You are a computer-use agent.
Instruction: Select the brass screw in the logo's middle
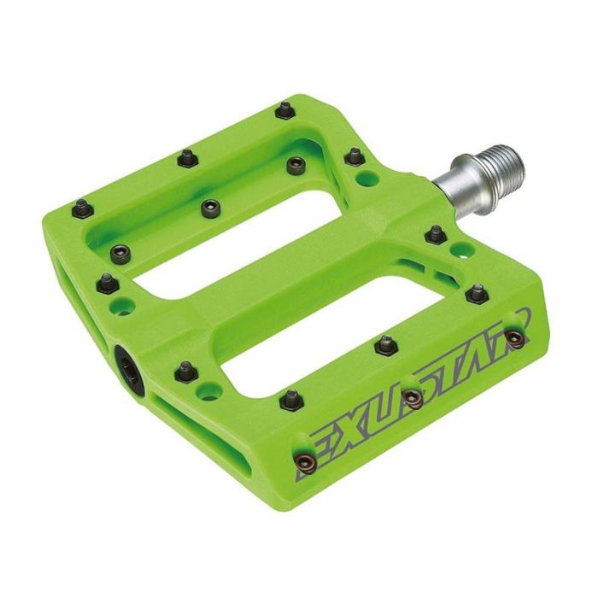click(413, 399)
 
